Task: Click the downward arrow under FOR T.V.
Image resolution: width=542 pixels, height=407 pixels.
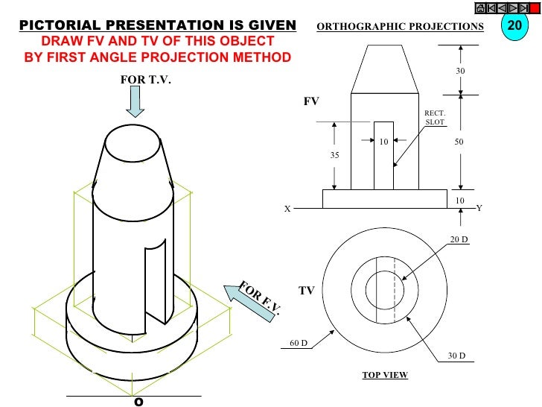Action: (135, 101)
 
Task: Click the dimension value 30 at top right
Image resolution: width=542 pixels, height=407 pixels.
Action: (459, 71)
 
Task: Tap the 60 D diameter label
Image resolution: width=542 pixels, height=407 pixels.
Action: (298, 344)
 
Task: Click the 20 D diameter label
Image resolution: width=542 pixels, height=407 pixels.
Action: (457, 239)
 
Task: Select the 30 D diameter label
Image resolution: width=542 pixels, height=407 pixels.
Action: (456, 356)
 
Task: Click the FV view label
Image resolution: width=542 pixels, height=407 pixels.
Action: (310, 101)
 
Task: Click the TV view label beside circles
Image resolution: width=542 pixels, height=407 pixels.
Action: (307, 291)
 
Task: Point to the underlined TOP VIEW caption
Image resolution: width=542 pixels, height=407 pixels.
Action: (385, 375)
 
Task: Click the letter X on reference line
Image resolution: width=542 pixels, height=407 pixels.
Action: (287, 209)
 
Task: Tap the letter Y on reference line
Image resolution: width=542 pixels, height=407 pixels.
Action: (479, 209)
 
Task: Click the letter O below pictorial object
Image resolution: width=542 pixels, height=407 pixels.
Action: (137, 401)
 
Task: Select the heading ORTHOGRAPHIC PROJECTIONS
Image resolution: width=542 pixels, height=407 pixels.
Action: (400, 27)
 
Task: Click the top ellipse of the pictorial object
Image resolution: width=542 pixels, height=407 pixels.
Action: (133, 140)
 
